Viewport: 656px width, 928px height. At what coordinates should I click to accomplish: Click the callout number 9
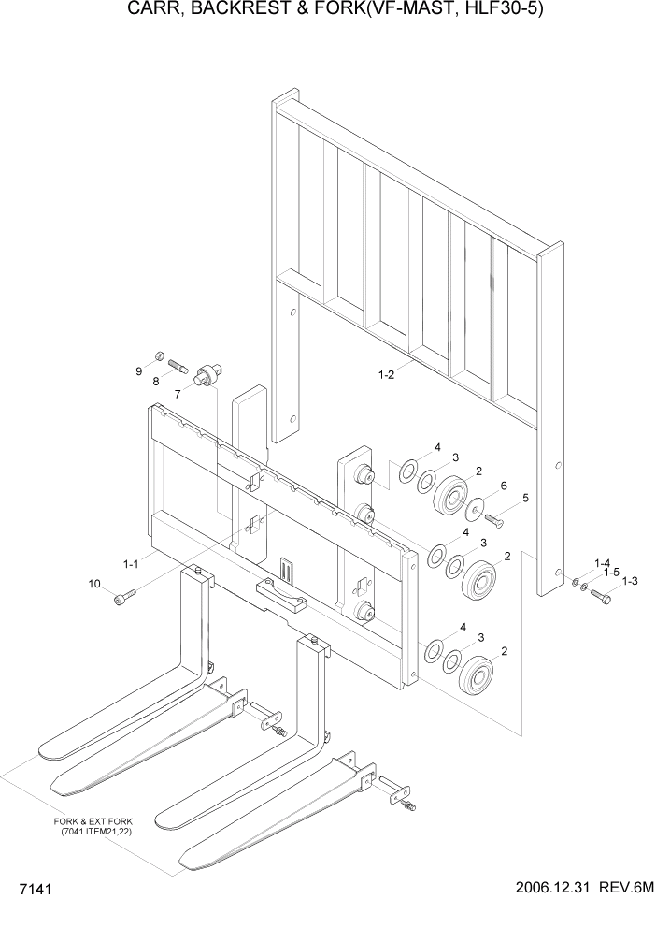[x=139, y=371]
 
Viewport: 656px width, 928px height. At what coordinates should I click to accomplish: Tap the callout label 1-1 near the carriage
[x=131, y=564]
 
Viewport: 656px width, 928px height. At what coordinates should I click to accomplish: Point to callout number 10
[x=94, y=585]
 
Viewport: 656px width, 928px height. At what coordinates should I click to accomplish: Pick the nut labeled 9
[x=160, y=355]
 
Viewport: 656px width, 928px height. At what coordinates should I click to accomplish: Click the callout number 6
[x=503, y=486]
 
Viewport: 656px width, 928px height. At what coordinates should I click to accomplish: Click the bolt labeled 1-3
[x=600, y=595]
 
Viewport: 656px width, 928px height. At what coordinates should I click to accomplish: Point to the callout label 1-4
[x=602, y=562]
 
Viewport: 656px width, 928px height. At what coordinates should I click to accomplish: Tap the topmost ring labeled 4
[x=408, y=471]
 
